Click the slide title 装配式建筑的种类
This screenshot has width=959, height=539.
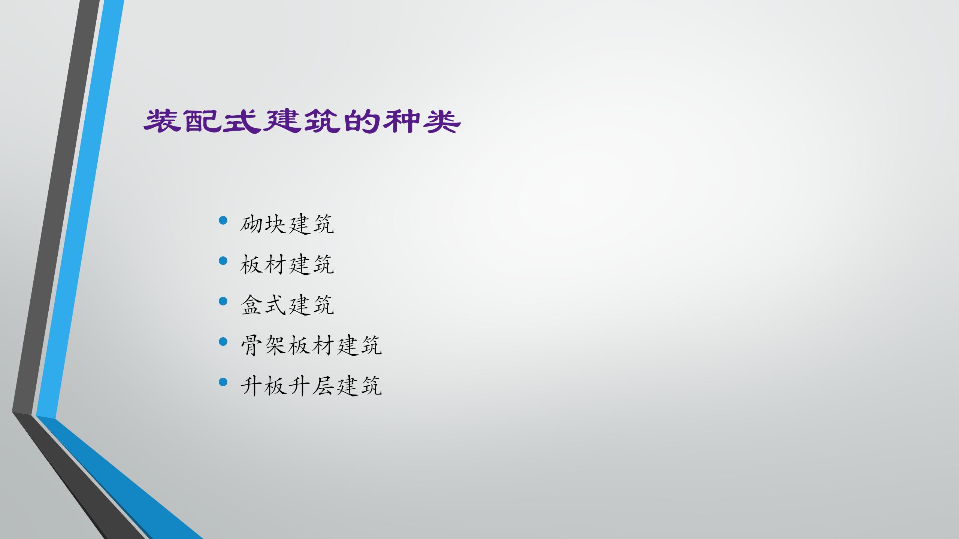click(x=302, y=121)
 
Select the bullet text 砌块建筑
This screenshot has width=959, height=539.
click(x=287, y=224)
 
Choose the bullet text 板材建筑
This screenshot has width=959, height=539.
click(x=287, y=265)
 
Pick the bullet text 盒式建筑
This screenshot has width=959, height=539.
click(x=287, y=305)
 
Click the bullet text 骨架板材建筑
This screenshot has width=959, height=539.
click(x=311, y=345)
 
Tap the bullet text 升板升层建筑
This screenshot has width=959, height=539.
click(x=311, y=386)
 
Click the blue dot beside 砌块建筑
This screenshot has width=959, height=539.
click(x=223, y=220)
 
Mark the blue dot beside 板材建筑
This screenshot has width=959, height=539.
click(x=223, y=261)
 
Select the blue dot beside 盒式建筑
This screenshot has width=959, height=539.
click(x=223, y=301)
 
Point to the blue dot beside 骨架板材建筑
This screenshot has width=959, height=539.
click(x=223, y=341)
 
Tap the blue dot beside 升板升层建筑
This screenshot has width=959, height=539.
click(x=223, y=382)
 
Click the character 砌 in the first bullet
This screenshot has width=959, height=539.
click(x=251, y=224)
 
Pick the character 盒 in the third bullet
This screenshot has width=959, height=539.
click(x=251, y=305)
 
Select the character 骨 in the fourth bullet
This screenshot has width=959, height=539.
click(x=251, y=345)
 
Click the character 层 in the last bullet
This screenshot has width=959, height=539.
click(x=323, y=386)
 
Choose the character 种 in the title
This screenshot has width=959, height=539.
click(x=402, y=121)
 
